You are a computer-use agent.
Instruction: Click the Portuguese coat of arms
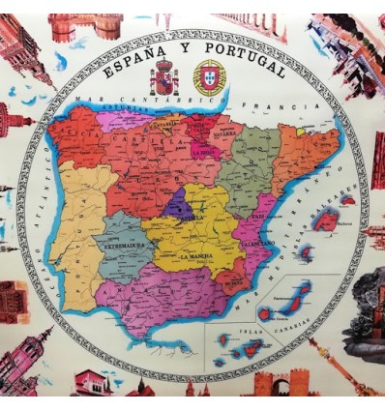(209, 76)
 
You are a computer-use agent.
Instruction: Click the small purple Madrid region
(178, 205)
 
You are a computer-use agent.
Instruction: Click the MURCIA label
(232, 283)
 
